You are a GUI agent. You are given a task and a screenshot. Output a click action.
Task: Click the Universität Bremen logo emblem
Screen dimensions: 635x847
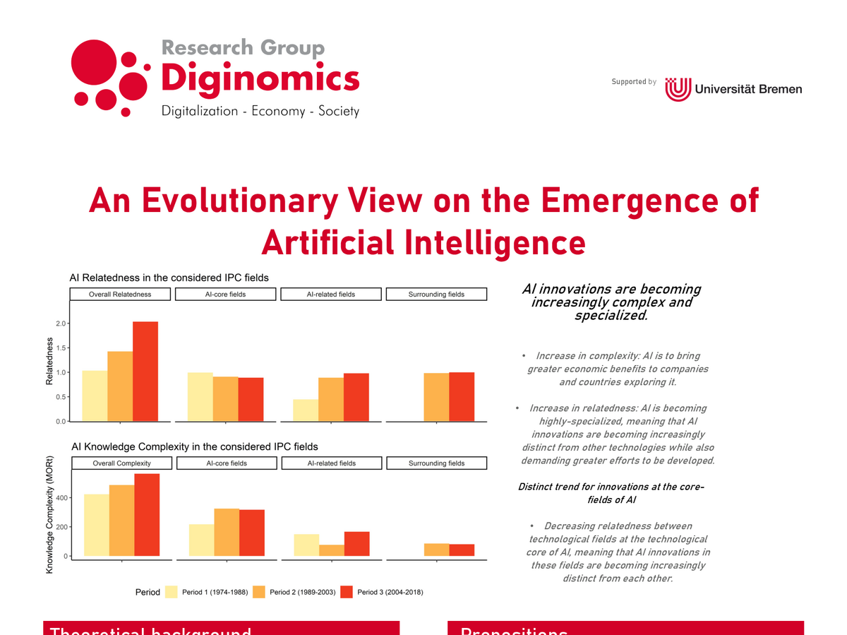678,89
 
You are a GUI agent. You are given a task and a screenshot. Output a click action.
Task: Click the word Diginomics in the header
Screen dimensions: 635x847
260,78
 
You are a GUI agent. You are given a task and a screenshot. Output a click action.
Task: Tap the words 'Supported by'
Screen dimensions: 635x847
634,82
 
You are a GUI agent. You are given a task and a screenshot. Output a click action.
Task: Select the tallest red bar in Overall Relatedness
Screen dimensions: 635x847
145,372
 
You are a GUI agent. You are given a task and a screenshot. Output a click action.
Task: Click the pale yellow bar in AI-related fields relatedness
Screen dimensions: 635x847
306,410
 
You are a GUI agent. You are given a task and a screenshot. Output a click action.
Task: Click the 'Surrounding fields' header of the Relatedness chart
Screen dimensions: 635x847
436,295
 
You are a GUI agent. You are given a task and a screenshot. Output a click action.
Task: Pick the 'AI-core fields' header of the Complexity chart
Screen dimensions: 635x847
227,463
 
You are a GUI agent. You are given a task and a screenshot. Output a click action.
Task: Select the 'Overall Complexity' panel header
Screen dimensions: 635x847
122,463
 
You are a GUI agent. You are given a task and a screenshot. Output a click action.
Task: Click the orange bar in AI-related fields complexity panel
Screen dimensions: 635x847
332,550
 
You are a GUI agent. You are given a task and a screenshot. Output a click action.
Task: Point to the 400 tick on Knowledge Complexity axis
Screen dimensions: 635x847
61,498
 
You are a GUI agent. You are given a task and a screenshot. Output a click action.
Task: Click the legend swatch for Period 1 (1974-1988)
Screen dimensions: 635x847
172,592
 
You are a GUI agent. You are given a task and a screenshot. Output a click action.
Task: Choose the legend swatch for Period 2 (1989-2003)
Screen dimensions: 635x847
259,592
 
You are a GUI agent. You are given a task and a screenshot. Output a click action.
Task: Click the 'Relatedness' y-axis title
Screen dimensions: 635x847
49,361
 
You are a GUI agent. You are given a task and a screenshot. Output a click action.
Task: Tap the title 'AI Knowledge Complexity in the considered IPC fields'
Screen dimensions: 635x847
195,446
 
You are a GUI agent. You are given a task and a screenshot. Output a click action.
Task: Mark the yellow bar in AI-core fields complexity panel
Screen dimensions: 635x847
202,540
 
